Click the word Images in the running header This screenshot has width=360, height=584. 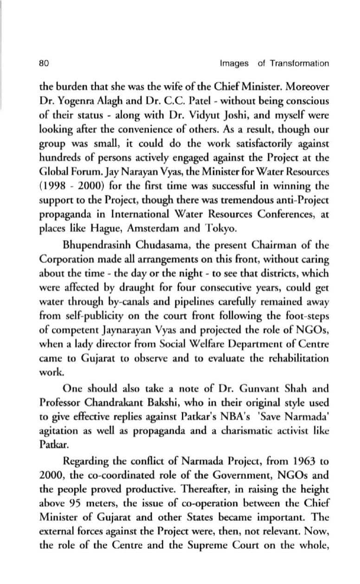234,63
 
